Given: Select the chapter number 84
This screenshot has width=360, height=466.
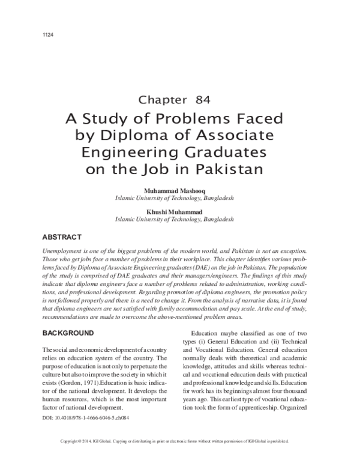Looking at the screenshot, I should click(202, 100).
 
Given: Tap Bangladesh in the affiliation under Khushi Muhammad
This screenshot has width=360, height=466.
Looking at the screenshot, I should click(218, 220).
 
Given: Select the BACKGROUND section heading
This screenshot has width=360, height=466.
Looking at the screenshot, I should click(68, 332).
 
